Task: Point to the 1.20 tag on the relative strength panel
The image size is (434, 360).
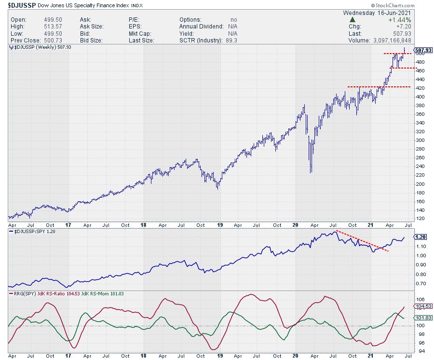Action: [x=420, y=237]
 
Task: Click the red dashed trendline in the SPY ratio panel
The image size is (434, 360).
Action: [x=362, y=241]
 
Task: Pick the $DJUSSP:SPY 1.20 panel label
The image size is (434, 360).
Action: [x=32, y=232]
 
